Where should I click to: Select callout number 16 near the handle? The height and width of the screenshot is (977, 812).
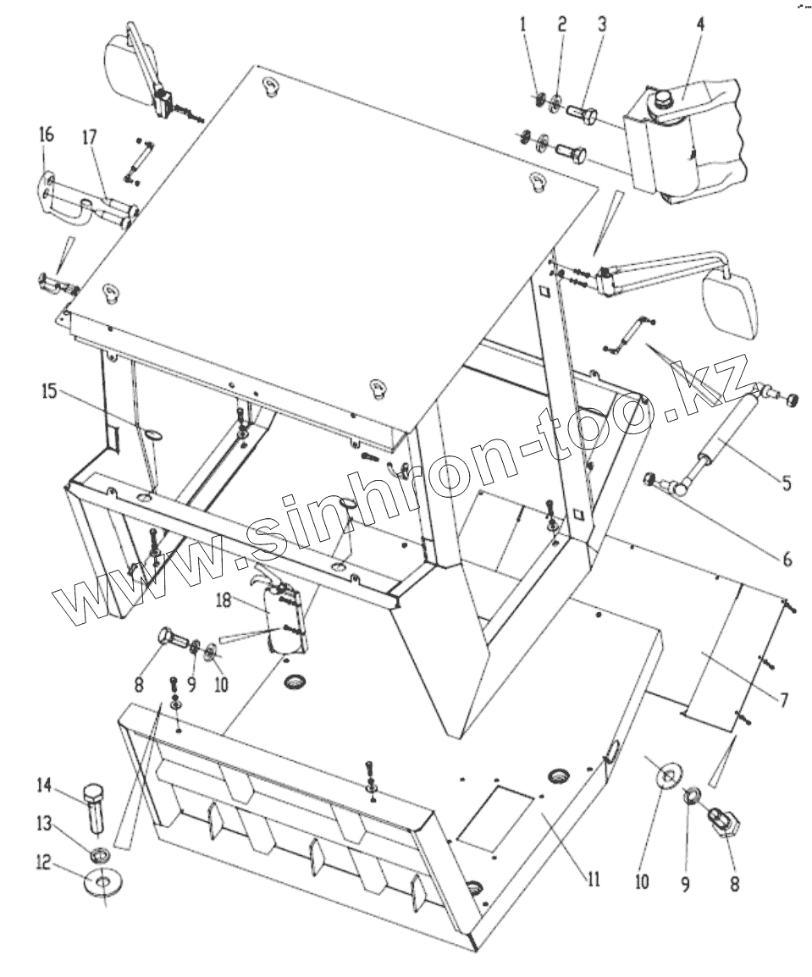point(46,135)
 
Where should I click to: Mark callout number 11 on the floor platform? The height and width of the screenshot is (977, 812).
point(592,878)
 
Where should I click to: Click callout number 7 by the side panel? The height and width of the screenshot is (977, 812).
point(784,700)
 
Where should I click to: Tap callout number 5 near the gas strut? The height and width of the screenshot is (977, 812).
point(787,484)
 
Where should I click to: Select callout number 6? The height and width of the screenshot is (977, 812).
point(786,559)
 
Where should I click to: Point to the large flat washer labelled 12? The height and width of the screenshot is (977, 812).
point(102,883)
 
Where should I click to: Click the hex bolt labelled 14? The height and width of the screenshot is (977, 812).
point(95,809)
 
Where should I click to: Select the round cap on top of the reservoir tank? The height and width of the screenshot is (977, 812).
point(659,101)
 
